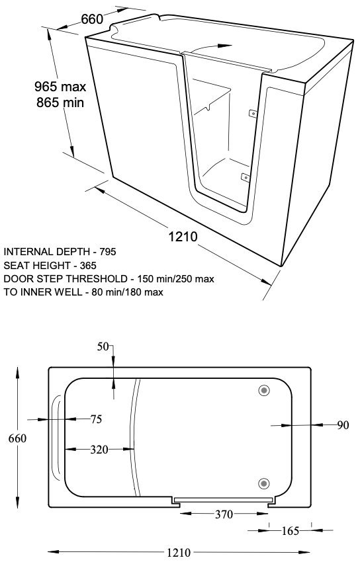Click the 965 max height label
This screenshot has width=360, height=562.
[60, 87]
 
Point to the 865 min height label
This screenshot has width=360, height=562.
[60, 102]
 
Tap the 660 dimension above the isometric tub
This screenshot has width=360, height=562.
[92, 19]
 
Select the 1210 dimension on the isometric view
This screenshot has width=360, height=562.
[183, 237]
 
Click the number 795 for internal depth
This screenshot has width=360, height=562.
[108, 252]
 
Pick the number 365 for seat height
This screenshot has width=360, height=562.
[88, 266]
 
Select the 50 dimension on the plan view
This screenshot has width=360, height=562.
[103, 346]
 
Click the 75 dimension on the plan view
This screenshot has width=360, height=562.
[96, 419]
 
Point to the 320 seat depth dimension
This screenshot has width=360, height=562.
[99, 450]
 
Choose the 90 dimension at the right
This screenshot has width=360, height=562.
[343, 425]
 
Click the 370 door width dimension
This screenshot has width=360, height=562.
[224, 514]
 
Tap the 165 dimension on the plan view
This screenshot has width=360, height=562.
[290, 531]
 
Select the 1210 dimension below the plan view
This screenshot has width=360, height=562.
[179, 552]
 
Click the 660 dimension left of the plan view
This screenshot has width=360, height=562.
[18, 438]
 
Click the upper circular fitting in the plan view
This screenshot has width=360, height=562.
[264, 390]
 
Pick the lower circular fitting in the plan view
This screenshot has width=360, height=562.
[264, 483]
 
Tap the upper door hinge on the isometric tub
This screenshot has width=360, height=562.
[253, 113]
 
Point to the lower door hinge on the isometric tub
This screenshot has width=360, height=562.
[246, 177]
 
